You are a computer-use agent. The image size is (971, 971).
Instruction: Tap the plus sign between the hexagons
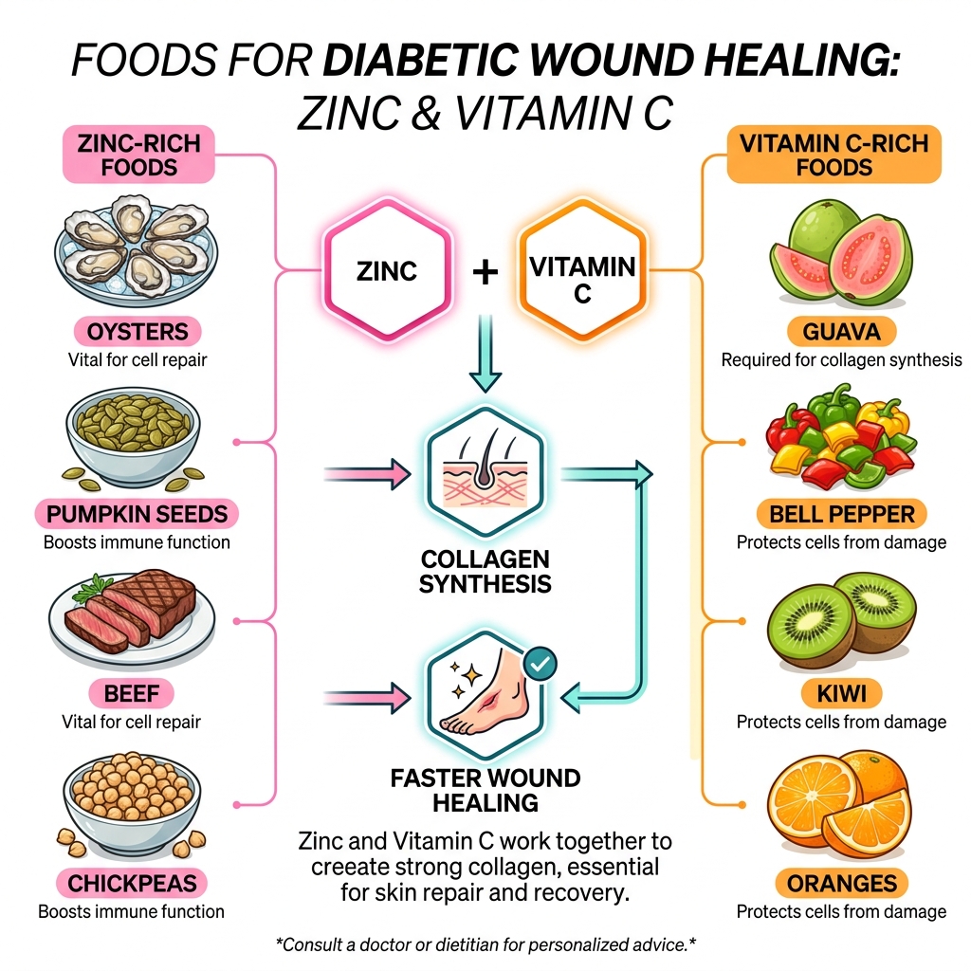(485, 273)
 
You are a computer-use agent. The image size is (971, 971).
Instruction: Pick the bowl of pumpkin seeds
(133, 432)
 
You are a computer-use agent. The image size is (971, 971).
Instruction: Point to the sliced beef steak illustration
(134, 612)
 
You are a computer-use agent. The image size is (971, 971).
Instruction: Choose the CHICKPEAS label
(132, 884)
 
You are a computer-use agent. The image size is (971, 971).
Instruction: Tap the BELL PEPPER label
(841, 515)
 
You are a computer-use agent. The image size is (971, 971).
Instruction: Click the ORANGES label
(841, 884)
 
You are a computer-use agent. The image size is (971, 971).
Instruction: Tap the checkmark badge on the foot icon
(540, 665)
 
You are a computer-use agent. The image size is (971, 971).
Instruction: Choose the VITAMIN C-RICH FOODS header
(834, 156)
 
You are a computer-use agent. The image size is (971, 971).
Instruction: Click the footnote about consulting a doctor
(485, 944)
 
